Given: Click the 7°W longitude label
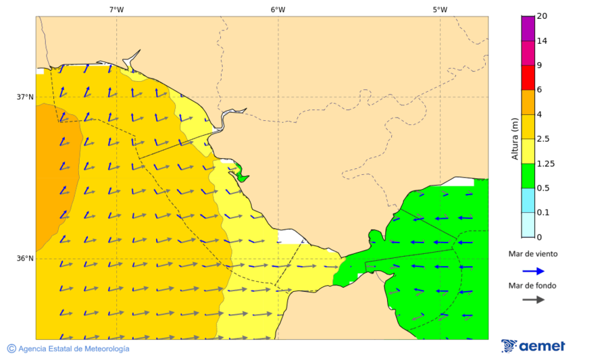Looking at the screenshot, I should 116,9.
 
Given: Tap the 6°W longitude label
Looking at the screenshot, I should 278,9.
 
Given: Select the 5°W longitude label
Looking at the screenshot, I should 440,9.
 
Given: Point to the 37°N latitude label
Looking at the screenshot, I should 25,97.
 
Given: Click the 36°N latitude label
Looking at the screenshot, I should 25,258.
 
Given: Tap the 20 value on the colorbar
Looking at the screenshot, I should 541,16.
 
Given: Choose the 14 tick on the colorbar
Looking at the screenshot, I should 541,41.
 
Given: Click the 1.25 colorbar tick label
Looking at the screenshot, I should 545,163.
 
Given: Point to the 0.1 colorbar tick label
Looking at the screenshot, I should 542,212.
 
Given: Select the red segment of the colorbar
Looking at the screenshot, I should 528,77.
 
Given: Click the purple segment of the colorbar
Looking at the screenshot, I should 528,28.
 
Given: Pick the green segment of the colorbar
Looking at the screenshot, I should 528,176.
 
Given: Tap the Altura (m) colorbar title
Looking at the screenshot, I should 515,138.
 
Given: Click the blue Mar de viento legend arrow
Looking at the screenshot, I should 533,271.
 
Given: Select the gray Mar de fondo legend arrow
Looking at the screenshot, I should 533,299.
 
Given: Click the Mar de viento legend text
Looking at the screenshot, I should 533,254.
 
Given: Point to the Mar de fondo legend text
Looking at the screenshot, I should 533,285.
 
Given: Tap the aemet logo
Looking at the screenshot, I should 533,346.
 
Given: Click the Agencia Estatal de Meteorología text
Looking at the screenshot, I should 74,349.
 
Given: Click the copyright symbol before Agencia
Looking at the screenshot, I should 11,349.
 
